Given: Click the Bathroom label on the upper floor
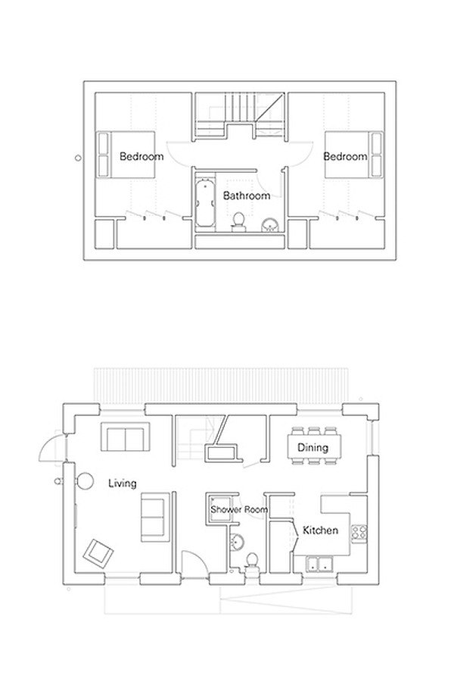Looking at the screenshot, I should (x=247, y=196).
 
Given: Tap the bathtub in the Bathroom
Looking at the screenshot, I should (x=202, y=202).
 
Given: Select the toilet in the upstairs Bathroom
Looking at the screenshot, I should (x=238, y=221).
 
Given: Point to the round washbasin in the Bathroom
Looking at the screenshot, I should (x=270, y=225).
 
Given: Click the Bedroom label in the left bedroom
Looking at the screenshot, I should (x=141, y=157).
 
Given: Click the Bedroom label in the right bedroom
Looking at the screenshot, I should (x=345, y=157).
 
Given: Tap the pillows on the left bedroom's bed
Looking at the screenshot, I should (x=104, y=155).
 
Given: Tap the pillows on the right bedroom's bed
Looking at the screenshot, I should (x=375, y=155).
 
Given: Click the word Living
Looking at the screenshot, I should (x=122, y=483).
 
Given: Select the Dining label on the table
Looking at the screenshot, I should (x=313, y=448).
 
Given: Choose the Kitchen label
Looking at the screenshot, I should (x=320, y=530).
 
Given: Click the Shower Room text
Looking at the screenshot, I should (x=239, y=510).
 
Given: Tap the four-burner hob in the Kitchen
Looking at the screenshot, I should (x=359, y=532).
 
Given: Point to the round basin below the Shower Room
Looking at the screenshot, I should (x=238, y=542).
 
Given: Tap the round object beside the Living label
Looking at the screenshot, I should (x=85, y=480).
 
